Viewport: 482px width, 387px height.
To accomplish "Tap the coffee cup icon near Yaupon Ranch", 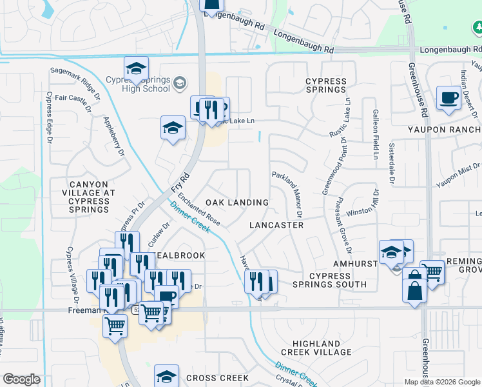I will (x=448, y=98).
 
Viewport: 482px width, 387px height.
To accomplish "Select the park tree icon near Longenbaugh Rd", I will (x=479, y=28).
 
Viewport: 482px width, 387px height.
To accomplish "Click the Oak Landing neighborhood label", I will (x=237, y=203).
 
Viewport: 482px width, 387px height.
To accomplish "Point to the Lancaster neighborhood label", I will (x=276, y=225).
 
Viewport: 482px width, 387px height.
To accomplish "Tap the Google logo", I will (x=21, y=379).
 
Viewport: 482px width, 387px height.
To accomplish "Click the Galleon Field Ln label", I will (x=374, y=134).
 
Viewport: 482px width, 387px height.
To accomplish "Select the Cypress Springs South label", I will (x=329, y=280).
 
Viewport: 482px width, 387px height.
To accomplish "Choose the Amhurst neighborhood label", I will (x=354, y=264).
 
